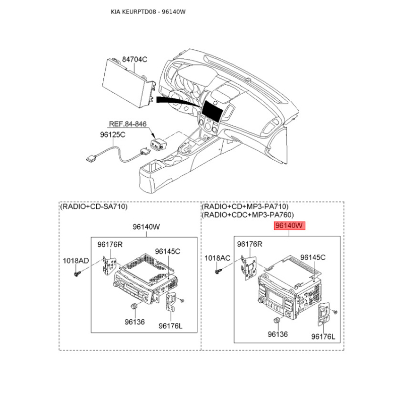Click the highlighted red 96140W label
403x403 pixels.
(x=289, y=226)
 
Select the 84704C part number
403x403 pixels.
(x=135, y=59)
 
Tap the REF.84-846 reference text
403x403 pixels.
(x=128, y=124)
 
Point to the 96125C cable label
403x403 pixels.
(x=112, y=135)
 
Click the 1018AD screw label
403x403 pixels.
(x=76, y=260)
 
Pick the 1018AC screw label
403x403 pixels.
(x=218, y=258)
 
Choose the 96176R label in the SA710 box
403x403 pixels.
(x=110, y=244)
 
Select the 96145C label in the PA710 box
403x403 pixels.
(x=313, y=257)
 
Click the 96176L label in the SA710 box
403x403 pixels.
(x=170, y=326)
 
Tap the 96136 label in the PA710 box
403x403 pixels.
(x=278, y=334)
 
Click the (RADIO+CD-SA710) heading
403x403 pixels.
(x=94, y=207)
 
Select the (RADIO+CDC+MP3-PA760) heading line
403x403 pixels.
(x=248, y=215)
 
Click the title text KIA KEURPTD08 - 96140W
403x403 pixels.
(x=148, y=12)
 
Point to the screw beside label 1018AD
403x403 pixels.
(x=77, y=274)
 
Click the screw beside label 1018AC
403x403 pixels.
(x=219, y=271)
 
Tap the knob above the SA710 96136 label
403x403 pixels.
(x=134, y=306)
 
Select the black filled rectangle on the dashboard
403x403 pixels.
(x=212, y=111)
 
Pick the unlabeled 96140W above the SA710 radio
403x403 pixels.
(x=146, y=227)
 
